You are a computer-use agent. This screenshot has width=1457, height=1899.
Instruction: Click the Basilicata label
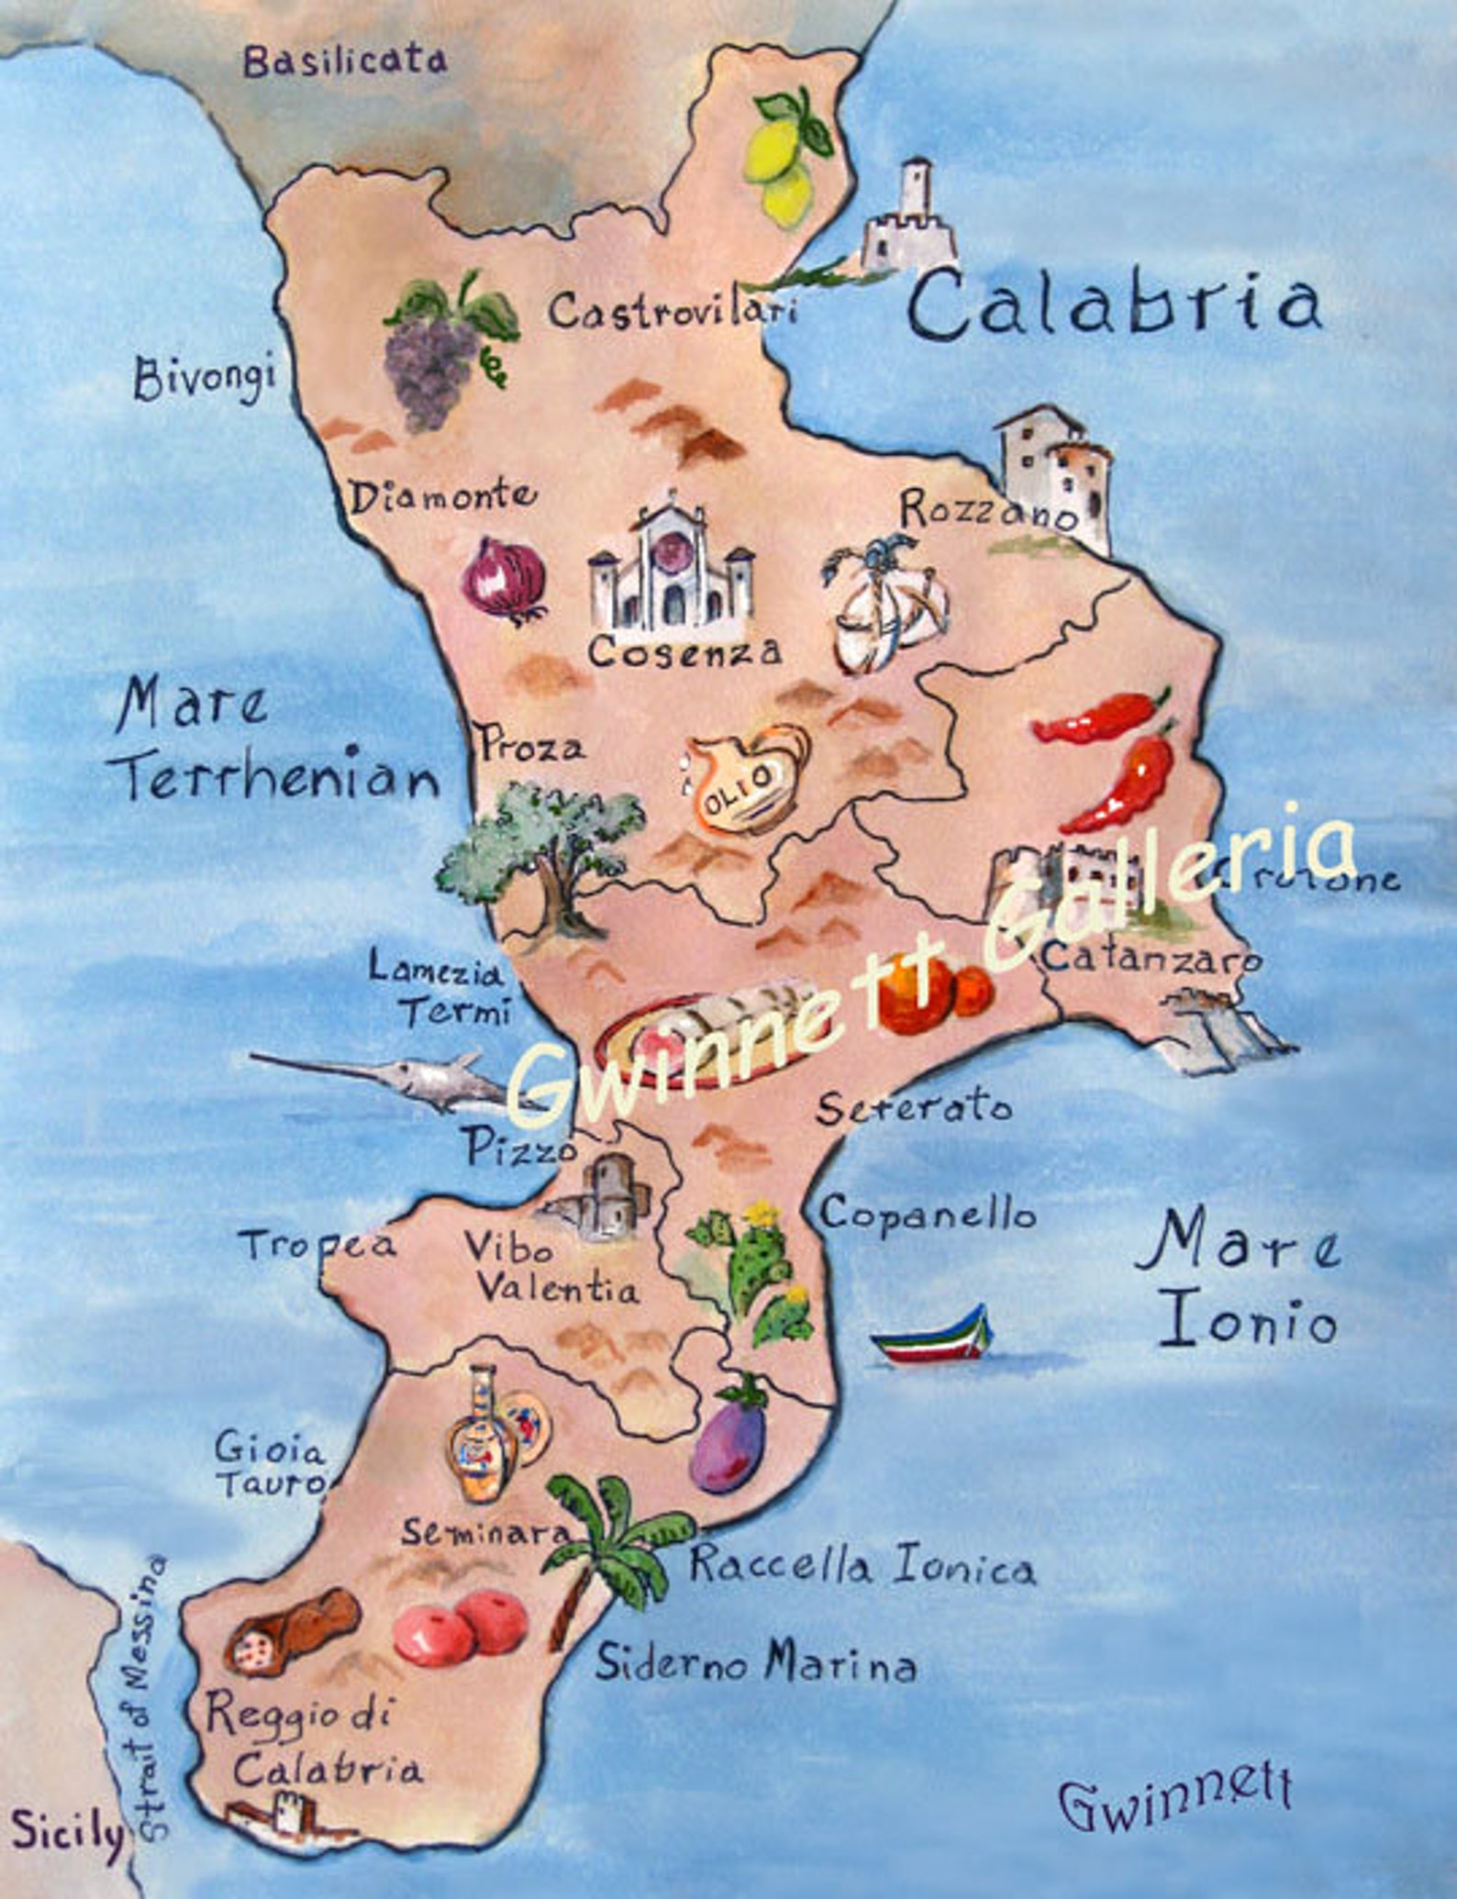pos(345,62)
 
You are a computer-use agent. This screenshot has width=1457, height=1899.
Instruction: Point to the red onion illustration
pos(504,579)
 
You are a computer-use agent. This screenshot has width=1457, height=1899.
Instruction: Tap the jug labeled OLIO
pos(747,780)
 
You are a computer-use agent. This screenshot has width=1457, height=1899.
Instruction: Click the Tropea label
pos(317,1245)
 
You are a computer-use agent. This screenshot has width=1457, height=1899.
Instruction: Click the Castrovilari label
pos(673,311)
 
